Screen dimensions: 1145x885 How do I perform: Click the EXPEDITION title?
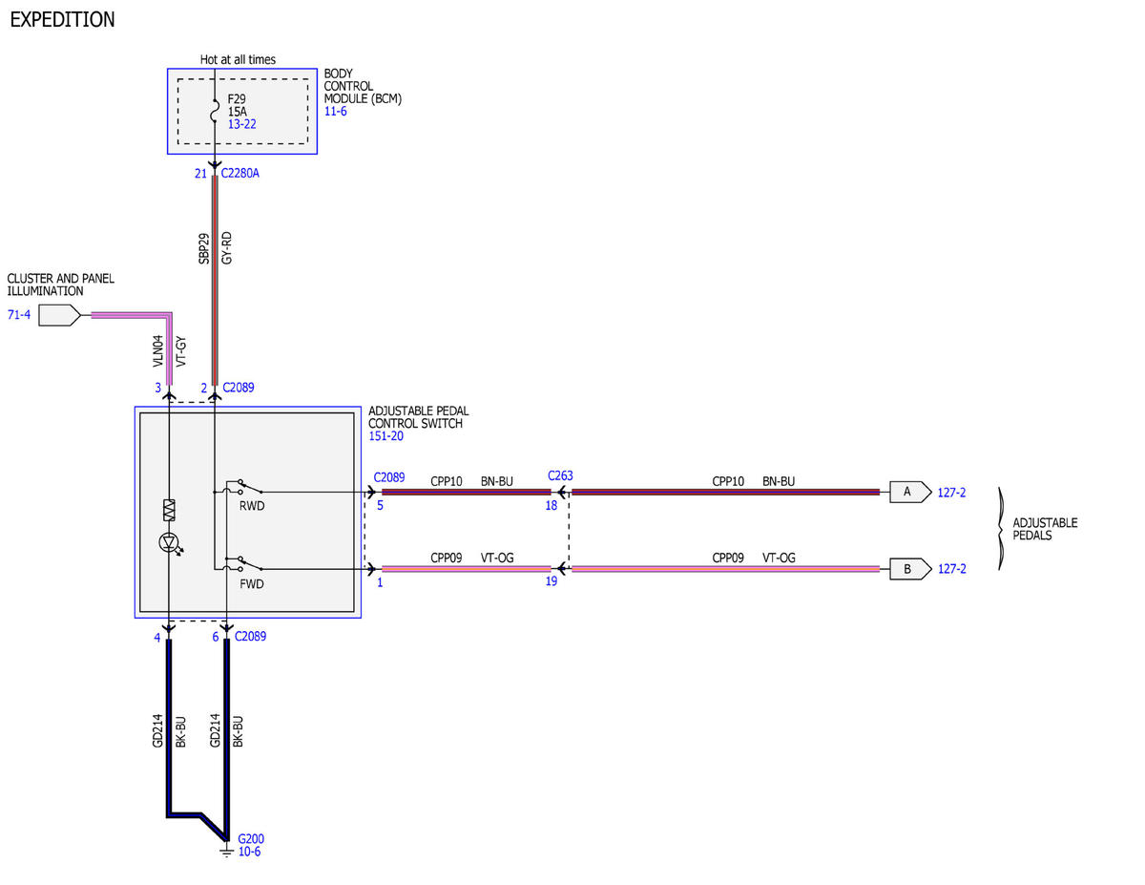62,19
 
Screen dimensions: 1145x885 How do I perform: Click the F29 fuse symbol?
215,111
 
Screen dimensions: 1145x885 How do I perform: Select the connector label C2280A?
239,173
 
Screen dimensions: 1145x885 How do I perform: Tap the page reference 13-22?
241,124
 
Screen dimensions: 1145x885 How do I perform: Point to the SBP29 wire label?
203,248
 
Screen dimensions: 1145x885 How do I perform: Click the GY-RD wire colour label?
226,247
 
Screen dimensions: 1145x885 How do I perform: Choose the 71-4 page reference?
19,315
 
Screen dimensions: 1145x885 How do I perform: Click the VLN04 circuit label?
157,351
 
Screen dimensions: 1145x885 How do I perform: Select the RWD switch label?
252,506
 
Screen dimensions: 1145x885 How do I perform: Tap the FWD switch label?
252,584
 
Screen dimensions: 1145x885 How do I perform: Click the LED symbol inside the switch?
170,542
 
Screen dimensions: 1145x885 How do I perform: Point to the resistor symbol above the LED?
169,510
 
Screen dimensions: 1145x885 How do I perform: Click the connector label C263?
560,475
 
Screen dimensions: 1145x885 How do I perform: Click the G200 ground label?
251,838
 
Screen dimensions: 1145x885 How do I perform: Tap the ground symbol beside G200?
226,852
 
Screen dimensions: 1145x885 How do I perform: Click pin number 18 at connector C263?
552,505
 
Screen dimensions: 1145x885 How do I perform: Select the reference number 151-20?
385,436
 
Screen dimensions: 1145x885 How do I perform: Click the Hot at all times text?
238,59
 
